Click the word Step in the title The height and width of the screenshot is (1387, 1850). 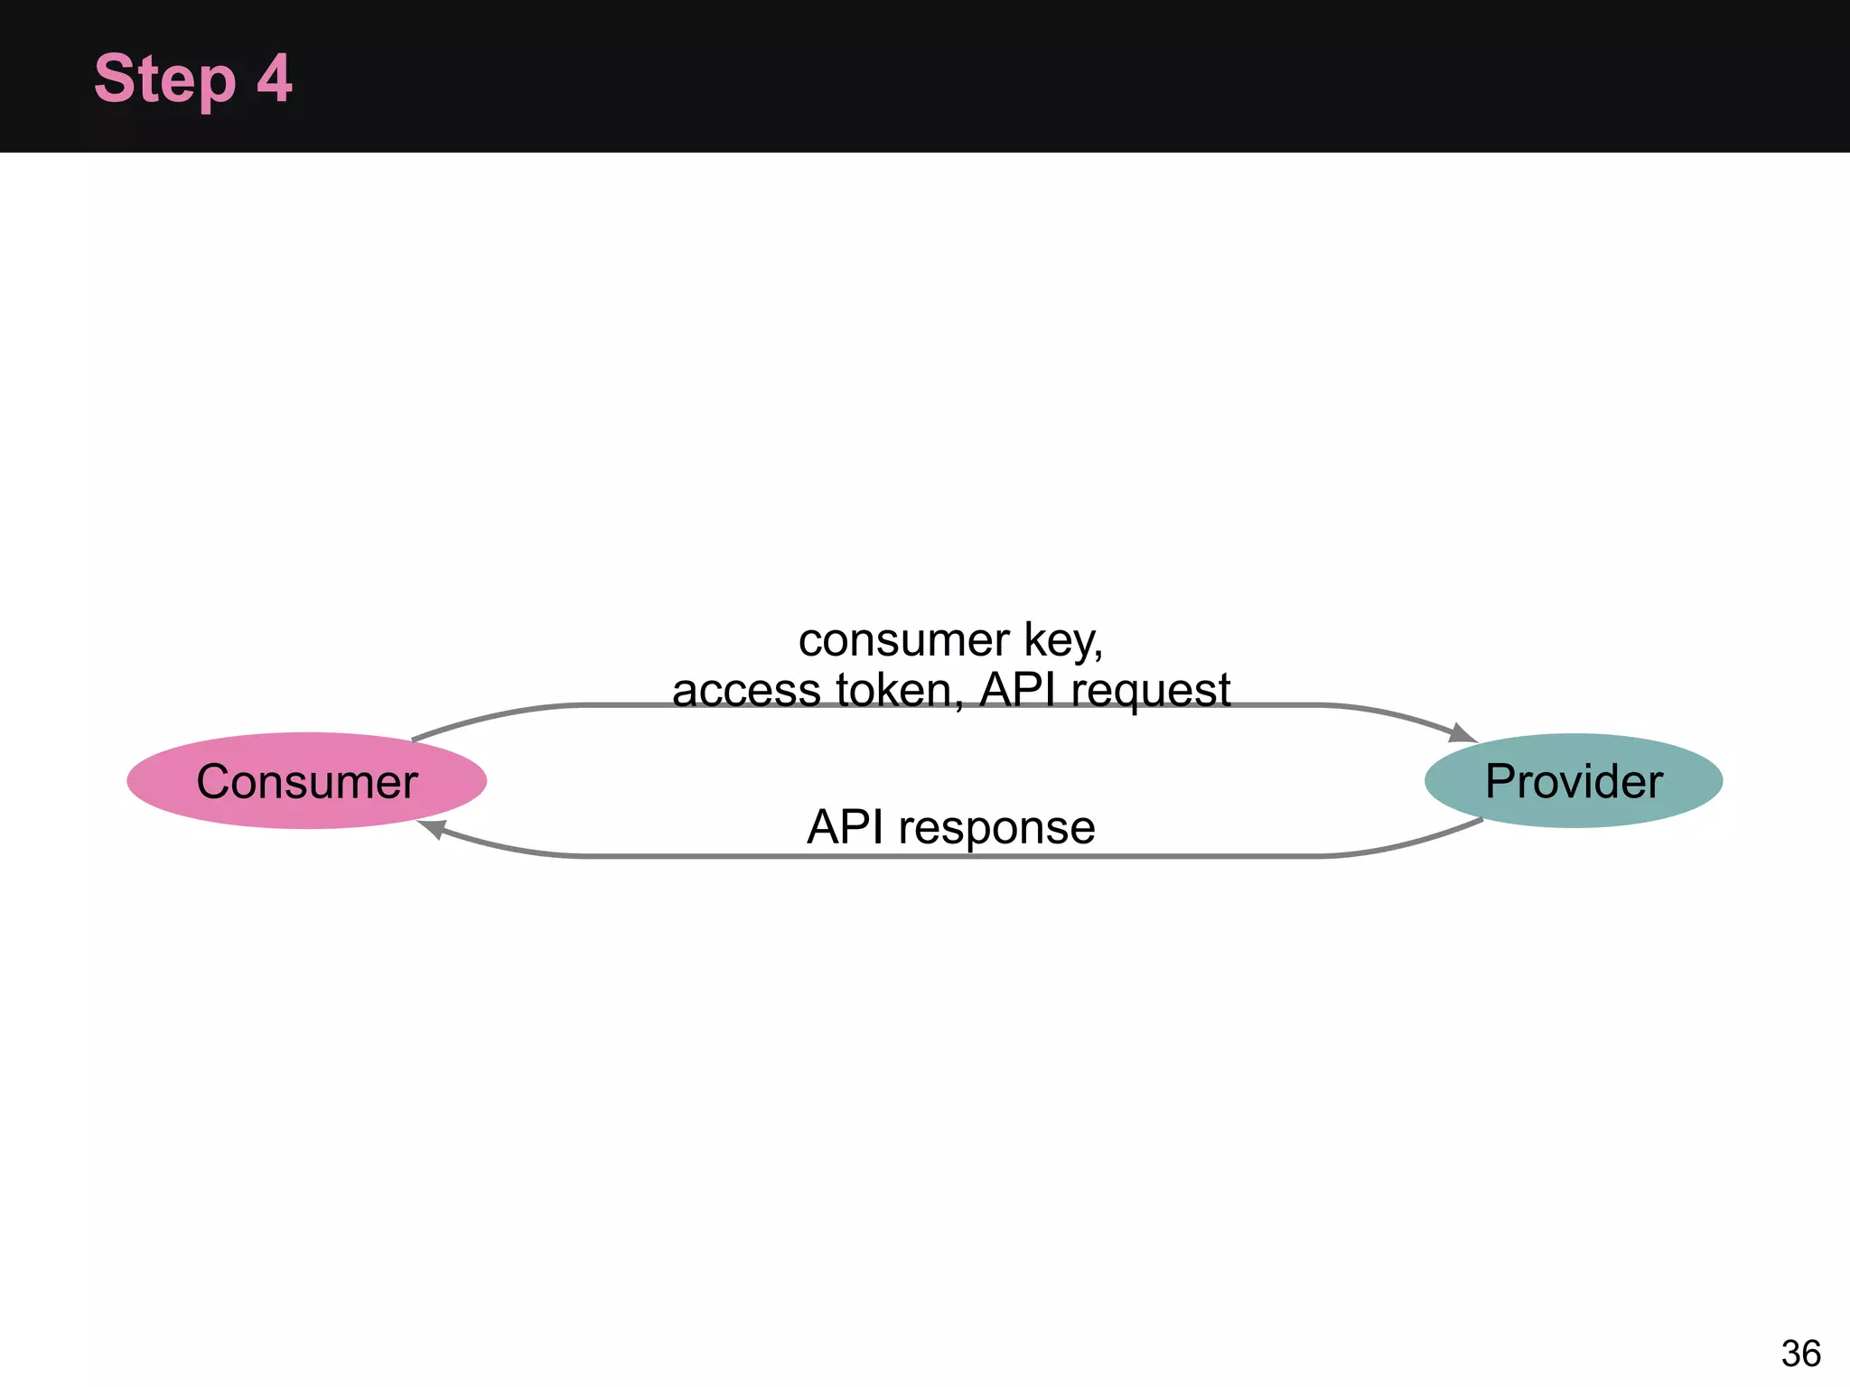pyautogui.click(x=164, y=79)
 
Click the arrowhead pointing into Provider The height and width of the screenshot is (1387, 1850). pyautogui.click(x=1462, y=732)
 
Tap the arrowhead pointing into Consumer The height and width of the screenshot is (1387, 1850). pyautogui.click(x=432, y=828)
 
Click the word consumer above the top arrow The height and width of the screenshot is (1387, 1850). pyautogui.click(x=902, y=640)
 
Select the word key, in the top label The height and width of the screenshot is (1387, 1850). pyautogui.click(x=1062, y=642)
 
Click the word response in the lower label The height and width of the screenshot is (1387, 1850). pyautogui.click(x=996, y=828)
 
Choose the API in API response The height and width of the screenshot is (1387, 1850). pyautogui.click(x=846, y=826)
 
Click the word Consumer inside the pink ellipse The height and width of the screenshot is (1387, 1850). pyautogui.click(x=307, y=782)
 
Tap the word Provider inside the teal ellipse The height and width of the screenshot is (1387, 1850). pyautogui.click(x=1574, y=782)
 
